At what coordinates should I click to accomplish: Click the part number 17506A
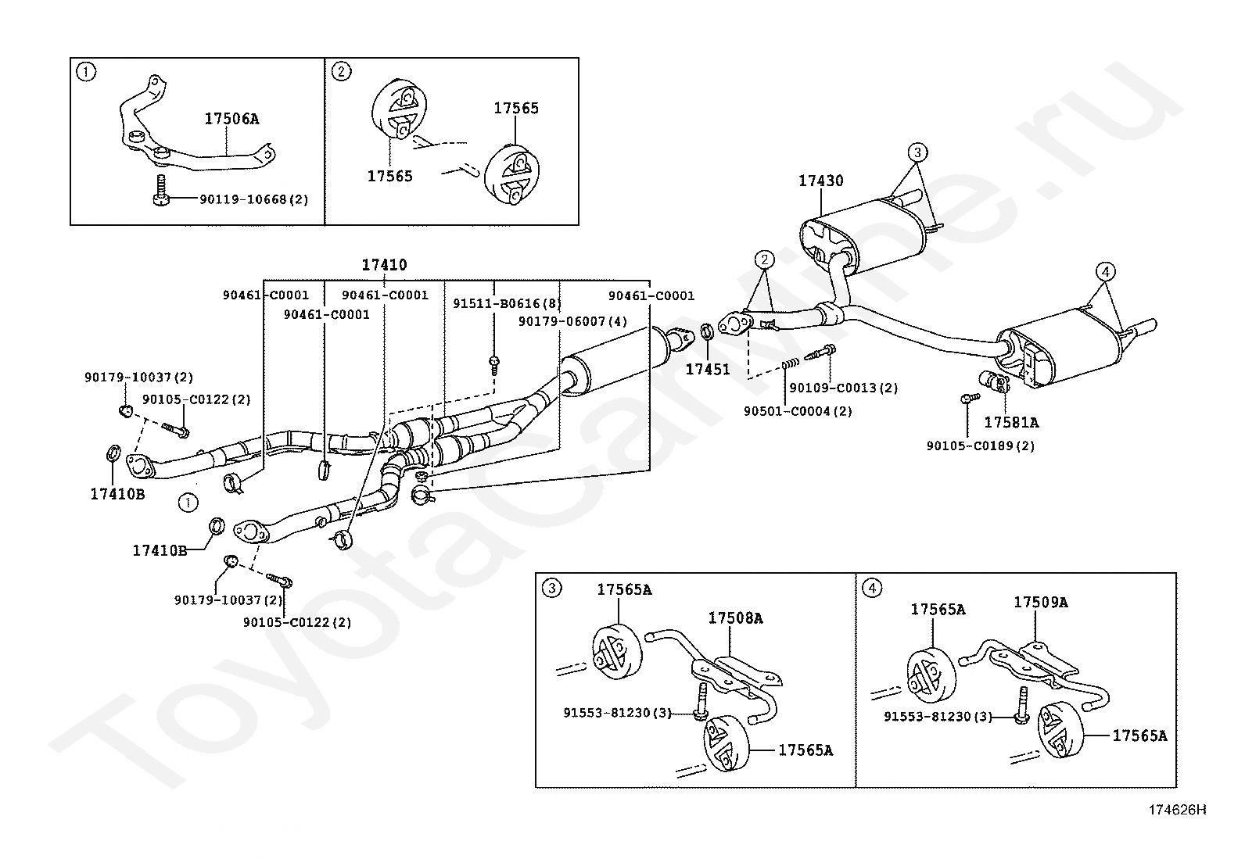[x=231, y=118]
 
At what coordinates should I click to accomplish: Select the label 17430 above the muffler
[x=821, y=181]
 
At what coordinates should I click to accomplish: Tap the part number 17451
[x=708, y=370]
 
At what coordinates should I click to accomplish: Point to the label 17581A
[x=1011, y=423]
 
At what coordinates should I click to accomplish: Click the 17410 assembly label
[x=385, y=265]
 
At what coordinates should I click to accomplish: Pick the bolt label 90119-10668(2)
[x=254, y=199]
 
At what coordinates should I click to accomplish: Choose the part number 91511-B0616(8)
[x=507, y=303]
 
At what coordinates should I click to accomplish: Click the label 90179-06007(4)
[x=572, y=322]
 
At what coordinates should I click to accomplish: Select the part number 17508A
[x=735, y=617]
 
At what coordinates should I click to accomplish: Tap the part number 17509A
[x=1040, y=603]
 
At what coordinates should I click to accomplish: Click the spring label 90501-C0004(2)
[x=798, y=412]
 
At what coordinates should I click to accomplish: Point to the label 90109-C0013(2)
[x=844, y=388]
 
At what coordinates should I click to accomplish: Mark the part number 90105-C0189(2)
[x=981, y=446]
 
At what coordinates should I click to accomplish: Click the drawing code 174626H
[x=1177, y=810]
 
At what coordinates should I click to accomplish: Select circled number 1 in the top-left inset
[x=85, y=72]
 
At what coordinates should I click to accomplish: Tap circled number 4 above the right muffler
[x=1106, y=272]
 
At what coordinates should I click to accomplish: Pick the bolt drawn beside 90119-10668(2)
[x=161, y=191]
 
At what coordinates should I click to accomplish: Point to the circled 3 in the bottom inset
[x=551, y=589]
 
